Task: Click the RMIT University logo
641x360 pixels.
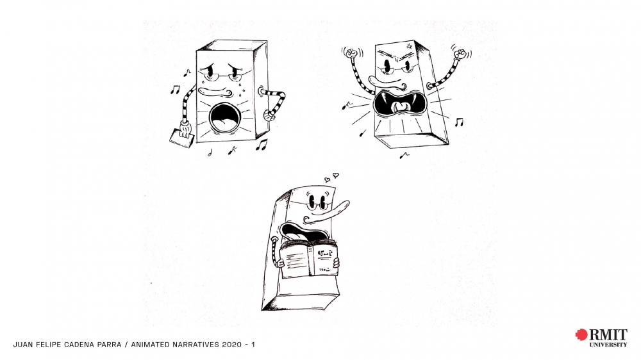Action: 601,338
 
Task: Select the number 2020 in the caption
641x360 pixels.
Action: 232,345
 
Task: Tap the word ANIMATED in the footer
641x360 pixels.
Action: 150,345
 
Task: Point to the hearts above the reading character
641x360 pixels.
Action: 331,177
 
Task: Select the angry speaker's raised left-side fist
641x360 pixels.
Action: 351,53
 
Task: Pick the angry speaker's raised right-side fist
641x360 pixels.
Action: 460,54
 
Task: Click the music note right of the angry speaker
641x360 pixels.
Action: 460,122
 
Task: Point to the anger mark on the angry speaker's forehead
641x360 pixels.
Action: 409,46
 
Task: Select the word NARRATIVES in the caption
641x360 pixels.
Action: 196,345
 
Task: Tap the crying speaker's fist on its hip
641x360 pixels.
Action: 269,116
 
